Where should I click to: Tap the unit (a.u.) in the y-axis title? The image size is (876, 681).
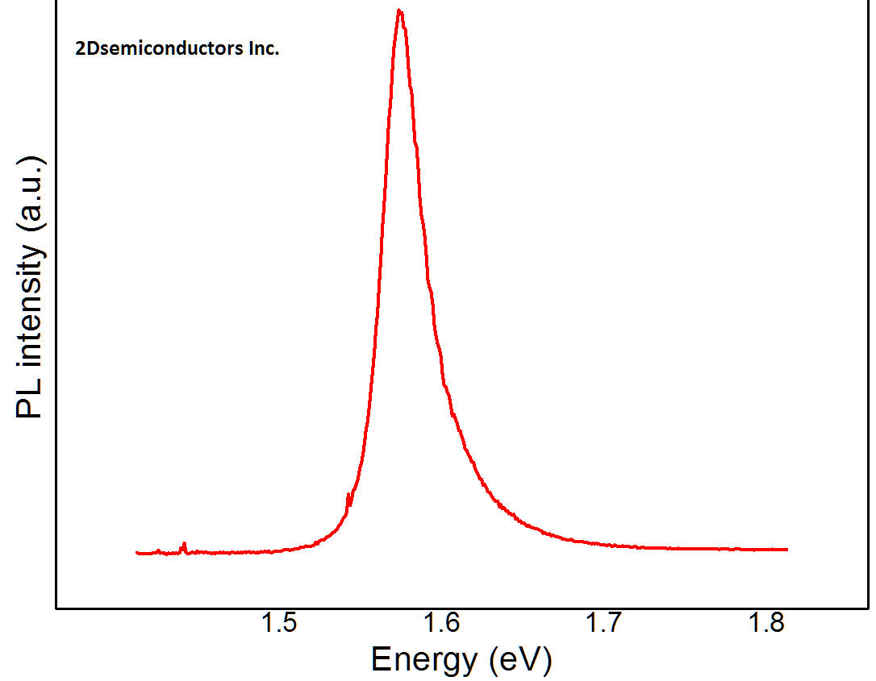[29, 189]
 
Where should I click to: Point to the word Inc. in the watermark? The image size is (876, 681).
[261, 49]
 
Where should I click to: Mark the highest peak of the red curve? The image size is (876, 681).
[399, 10]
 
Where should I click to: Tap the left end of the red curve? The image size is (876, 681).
[137, 553]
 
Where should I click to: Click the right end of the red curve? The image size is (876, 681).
[786, 550]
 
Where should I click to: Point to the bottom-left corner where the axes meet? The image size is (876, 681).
[56, 607]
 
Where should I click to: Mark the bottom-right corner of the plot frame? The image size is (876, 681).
[869, 607]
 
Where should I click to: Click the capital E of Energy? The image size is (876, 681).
[381, 660]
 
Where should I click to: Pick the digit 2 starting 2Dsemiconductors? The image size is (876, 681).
[78, 49]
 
